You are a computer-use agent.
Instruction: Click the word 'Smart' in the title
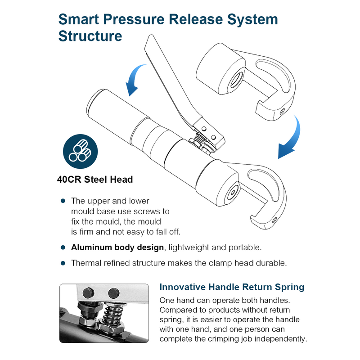(x=79, y=19)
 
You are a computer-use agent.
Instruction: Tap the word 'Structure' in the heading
(x=90, y=36)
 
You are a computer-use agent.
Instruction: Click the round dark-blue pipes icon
(x=81, y=152)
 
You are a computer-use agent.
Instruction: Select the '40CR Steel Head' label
(x=95, y=180)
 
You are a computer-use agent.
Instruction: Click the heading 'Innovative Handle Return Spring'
(x=232, y=287)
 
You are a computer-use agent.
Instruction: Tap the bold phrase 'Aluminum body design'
(x=117, y=247)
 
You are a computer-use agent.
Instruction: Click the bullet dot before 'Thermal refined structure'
(x=63, y=263)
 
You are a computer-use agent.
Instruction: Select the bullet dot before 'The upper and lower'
(x=63, y=201)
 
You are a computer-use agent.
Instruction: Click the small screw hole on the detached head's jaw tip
(x=282, y=112)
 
